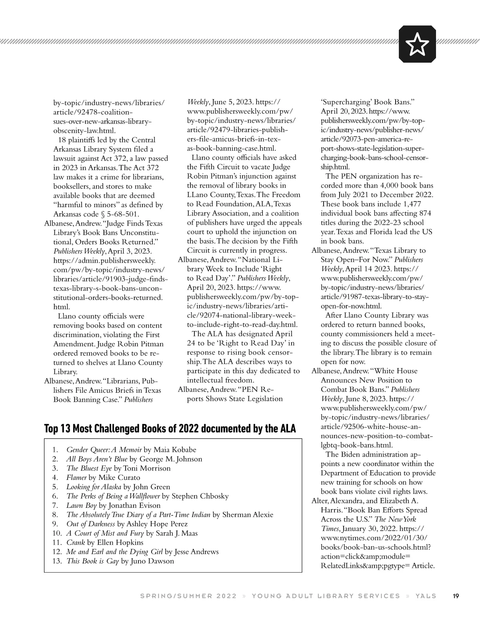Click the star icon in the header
pyautogui.click(x=417, y=44)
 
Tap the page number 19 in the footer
pyautogui.click(x=456, y=596)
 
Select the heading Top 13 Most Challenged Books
pyautogui.click(x=170, y=429)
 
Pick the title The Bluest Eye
pyautogui.click(x=89, y=468)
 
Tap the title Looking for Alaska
pyautogui.click(x=94, y=487)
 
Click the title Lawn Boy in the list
pyautogui.click(x=82, y=505)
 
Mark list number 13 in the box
pyautogui.click(x=57, y=561)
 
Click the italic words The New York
pyautogui.click(x=396, y=519)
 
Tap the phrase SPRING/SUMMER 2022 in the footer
pyautogui.click(x=188, y=596)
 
